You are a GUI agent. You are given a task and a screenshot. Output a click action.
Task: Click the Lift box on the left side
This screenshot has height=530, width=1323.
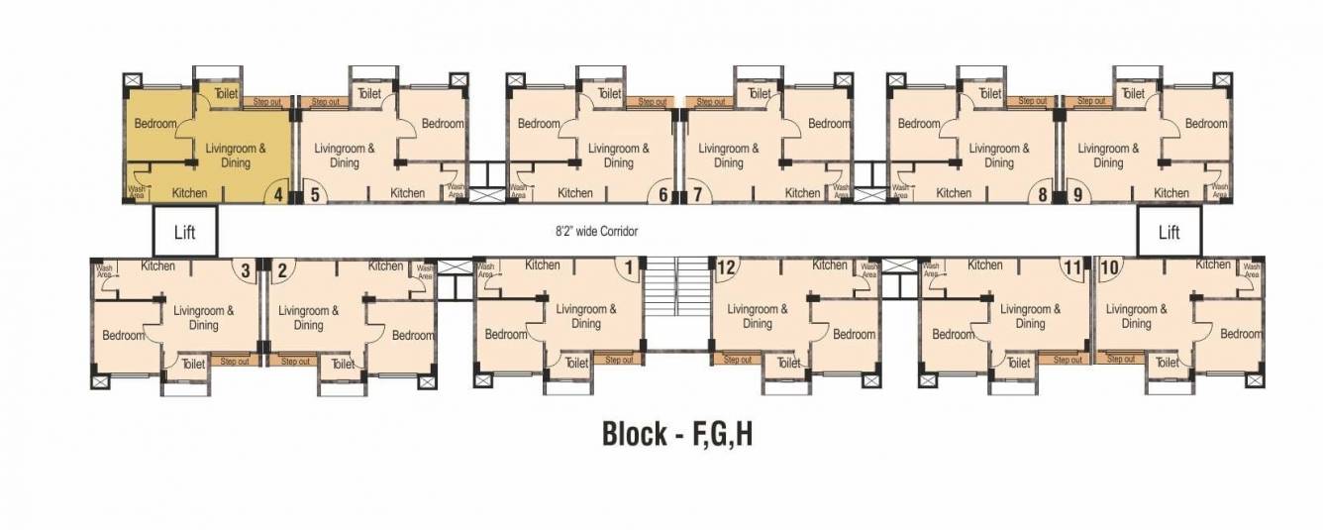[x=184, y=232]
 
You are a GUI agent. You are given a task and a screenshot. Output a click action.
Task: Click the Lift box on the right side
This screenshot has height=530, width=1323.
[x=1169, y=232]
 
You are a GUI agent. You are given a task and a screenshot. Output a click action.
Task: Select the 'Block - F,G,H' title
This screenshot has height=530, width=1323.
[x=677, y=434]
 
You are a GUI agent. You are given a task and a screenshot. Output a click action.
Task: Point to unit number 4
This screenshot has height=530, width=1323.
[x=278, y=194]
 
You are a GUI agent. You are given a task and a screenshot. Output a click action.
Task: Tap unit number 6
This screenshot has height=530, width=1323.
[x=663, y=194]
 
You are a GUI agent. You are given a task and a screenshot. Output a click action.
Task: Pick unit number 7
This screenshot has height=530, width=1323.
[x=697, y=194]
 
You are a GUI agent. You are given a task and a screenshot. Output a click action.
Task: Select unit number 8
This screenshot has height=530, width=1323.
[x=1043, y=194]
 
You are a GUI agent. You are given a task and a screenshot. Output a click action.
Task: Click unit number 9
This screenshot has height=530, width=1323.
[x=1077, y=194]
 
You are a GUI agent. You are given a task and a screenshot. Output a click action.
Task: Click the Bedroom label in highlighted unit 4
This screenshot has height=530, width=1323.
[x=155, y=124]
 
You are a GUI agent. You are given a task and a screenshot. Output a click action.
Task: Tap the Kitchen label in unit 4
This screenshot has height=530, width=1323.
[x=189, y=193]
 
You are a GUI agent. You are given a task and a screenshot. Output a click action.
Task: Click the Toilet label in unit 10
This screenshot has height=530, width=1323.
[x=1167, y=364]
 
